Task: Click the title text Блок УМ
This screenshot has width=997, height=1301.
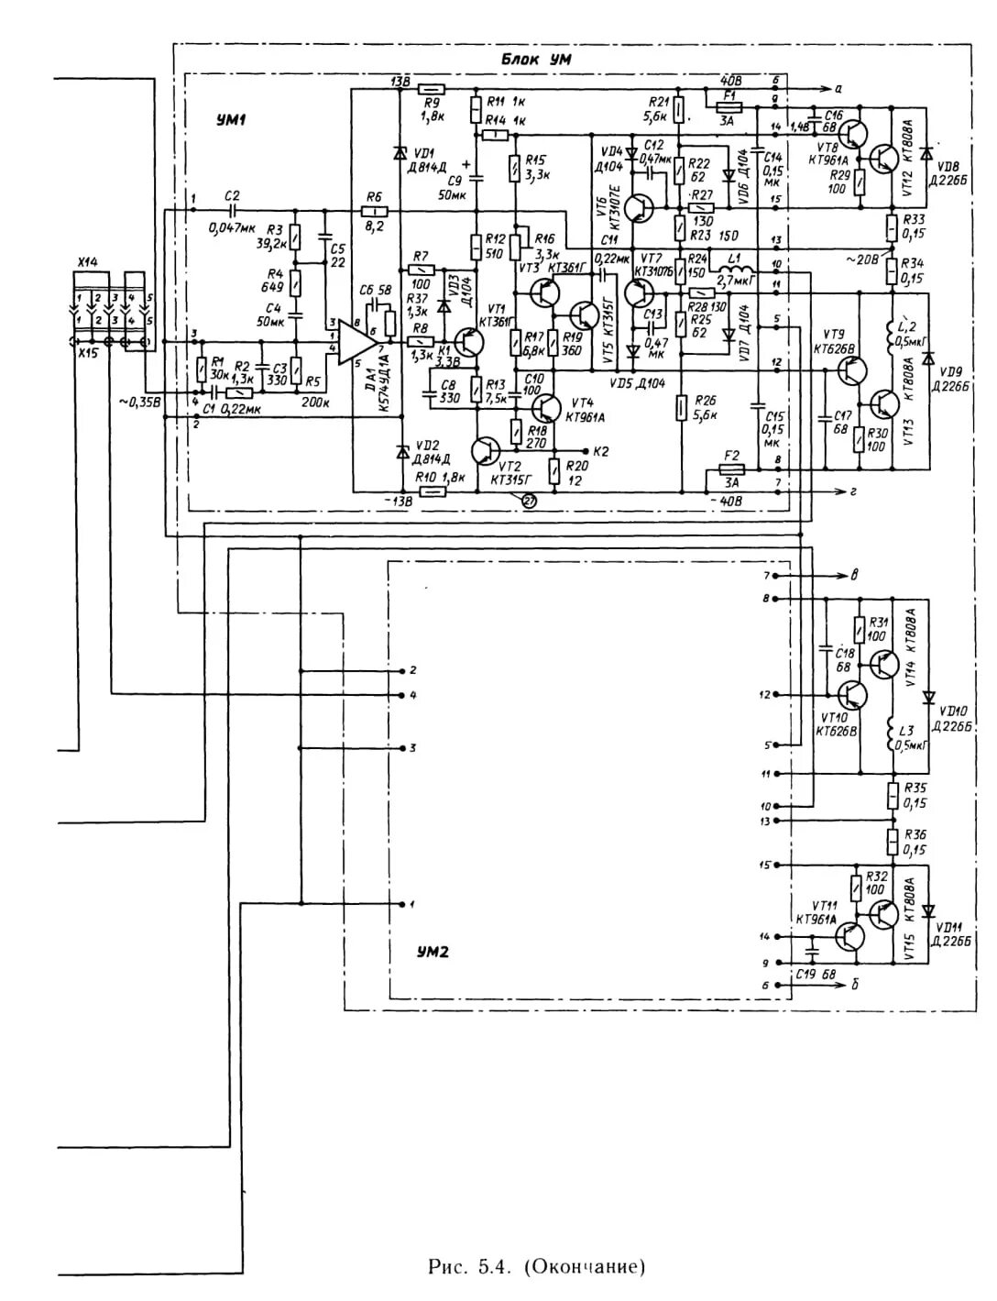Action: tap(537, 60)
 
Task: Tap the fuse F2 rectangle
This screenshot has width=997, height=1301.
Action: tap(731, 469)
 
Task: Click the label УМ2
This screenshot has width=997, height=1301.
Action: tap(431, 952)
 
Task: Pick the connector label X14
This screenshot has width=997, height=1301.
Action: tap(87, 262)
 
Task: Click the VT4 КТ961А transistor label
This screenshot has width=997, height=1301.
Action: tap(586, 410)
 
